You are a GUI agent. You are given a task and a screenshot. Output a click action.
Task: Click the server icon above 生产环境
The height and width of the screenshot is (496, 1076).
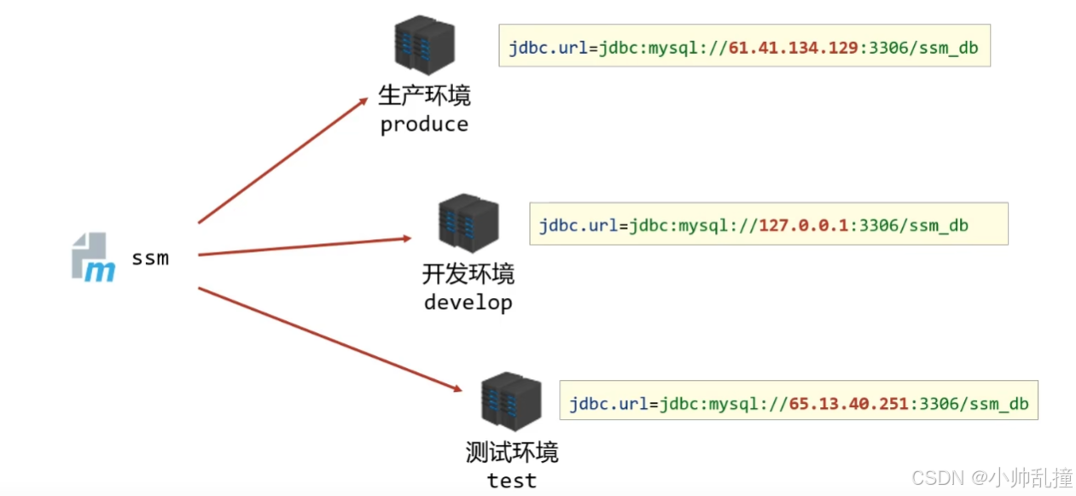click(424, 44)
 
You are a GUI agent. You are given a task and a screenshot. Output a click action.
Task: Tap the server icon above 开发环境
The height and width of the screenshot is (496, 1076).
click(468, 224)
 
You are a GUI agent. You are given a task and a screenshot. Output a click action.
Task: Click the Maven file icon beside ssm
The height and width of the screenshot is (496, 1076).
click(93, 256)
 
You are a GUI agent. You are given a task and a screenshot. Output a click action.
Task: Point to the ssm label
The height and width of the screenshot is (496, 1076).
click(150, 257)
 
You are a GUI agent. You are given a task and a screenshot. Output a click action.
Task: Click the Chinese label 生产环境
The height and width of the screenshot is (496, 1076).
click(424, 96)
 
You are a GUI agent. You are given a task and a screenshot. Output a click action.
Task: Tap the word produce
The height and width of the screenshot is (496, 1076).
click(424, 125)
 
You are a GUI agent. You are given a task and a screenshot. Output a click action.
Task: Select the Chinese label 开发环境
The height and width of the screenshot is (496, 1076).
click(468, 274)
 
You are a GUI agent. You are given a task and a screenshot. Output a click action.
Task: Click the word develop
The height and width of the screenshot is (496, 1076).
click(468, 302)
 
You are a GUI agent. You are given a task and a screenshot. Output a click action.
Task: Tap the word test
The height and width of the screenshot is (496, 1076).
click(512, 481)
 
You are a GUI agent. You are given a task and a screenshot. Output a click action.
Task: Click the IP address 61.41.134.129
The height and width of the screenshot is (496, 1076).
click(794, 48)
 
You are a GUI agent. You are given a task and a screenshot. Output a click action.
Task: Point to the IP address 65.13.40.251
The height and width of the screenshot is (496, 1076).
click(849, 404)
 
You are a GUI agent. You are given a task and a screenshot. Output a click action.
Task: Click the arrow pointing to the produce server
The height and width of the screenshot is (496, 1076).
click(282, 160)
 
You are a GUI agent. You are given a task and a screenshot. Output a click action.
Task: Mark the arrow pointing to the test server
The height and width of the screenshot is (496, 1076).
click(329, 339)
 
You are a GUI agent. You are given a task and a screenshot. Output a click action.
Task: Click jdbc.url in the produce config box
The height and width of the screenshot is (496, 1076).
click(548, 48)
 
